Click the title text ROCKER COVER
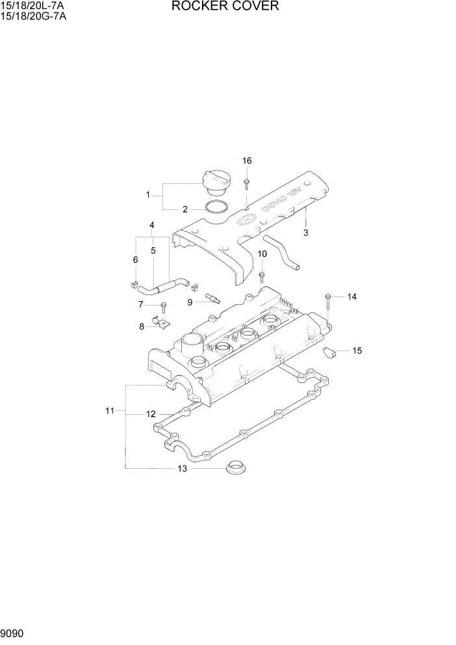(x=225, y=7)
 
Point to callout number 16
(x=247, y=161)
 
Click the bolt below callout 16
(x=247, y=183)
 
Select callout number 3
(x=306, y=232)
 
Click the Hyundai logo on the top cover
(x=245, y=220)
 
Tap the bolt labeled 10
(x=261, y=276)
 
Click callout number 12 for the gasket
(x=150, y=414)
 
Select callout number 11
(x=110, y=410)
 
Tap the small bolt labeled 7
(x=163, y=306)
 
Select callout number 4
(x=151, y=226)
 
